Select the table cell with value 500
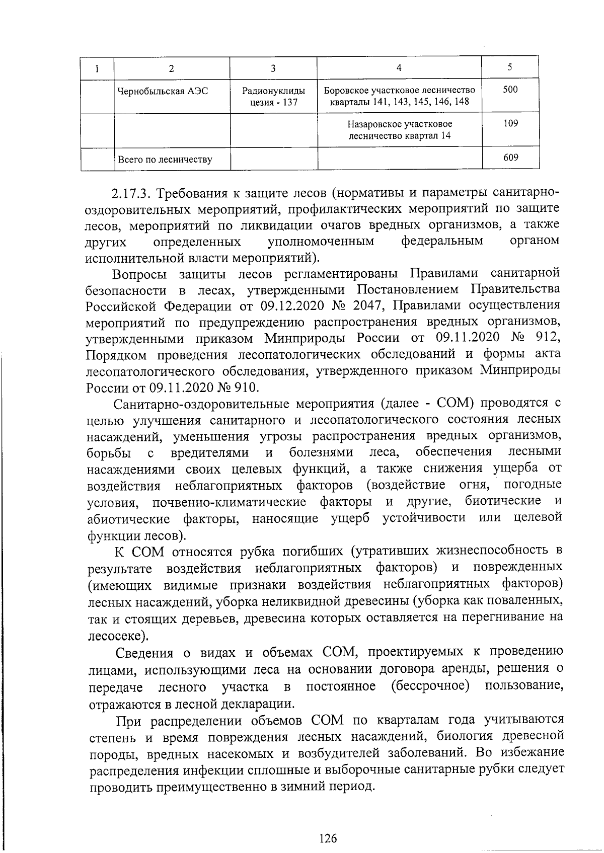pyautogui.click(x=510, y=90)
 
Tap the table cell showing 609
pyautogui.click(x=510, y=158)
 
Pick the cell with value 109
pyautogui.click(x=510, y=124)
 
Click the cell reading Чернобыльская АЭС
pyautogui.click(x=162, y=92)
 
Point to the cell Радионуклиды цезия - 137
pyautogui.click(x=273, y=97)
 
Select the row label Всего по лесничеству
pyautogui.click(x=165, y=160)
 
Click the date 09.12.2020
pyautogui.click(x=289, y=306)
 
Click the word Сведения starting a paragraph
pyautogui.click(x=145, y=653)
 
